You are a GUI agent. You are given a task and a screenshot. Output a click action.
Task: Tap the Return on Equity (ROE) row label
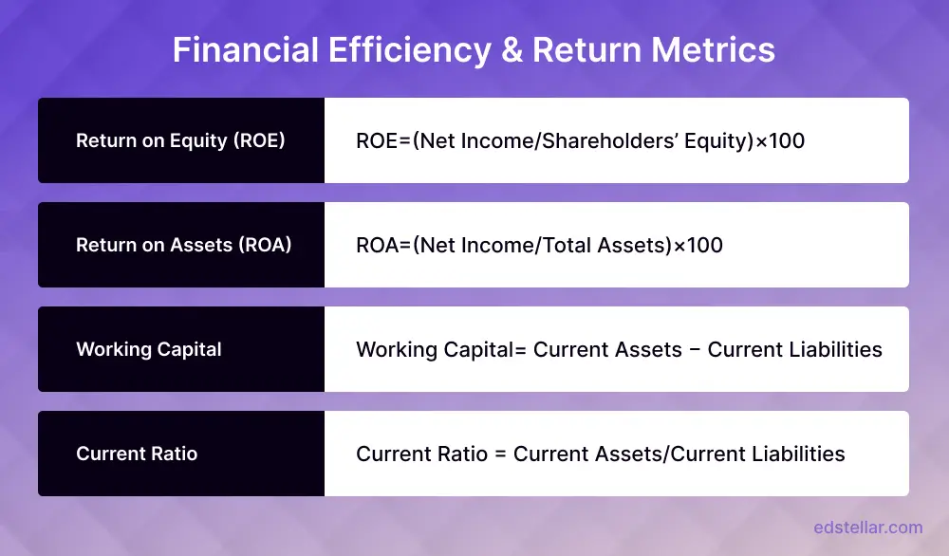tap(180, 141)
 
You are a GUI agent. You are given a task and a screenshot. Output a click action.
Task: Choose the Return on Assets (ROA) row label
tap(183, 246)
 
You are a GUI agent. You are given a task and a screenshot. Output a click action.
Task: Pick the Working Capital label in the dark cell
tap(149, 350)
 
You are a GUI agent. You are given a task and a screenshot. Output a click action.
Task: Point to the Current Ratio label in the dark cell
tap(137, 454)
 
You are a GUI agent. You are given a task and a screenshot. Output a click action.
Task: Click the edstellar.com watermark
tap(867, 528)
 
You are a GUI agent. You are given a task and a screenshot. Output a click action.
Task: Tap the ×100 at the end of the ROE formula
tap(780, 141)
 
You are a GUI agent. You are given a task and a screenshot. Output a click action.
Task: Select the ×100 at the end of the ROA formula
tap(698, 246)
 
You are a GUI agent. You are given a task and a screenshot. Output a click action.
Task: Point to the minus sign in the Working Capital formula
tap(695, 350)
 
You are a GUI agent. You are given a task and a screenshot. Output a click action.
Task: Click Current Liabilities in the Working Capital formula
tap(795, 350)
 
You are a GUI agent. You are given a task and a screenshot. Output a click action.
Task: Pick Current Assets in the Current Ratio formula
tap(587, 454)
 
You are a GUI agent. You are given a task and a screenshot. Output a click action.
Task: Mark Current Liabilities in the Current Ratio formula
tap(757, 454)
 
